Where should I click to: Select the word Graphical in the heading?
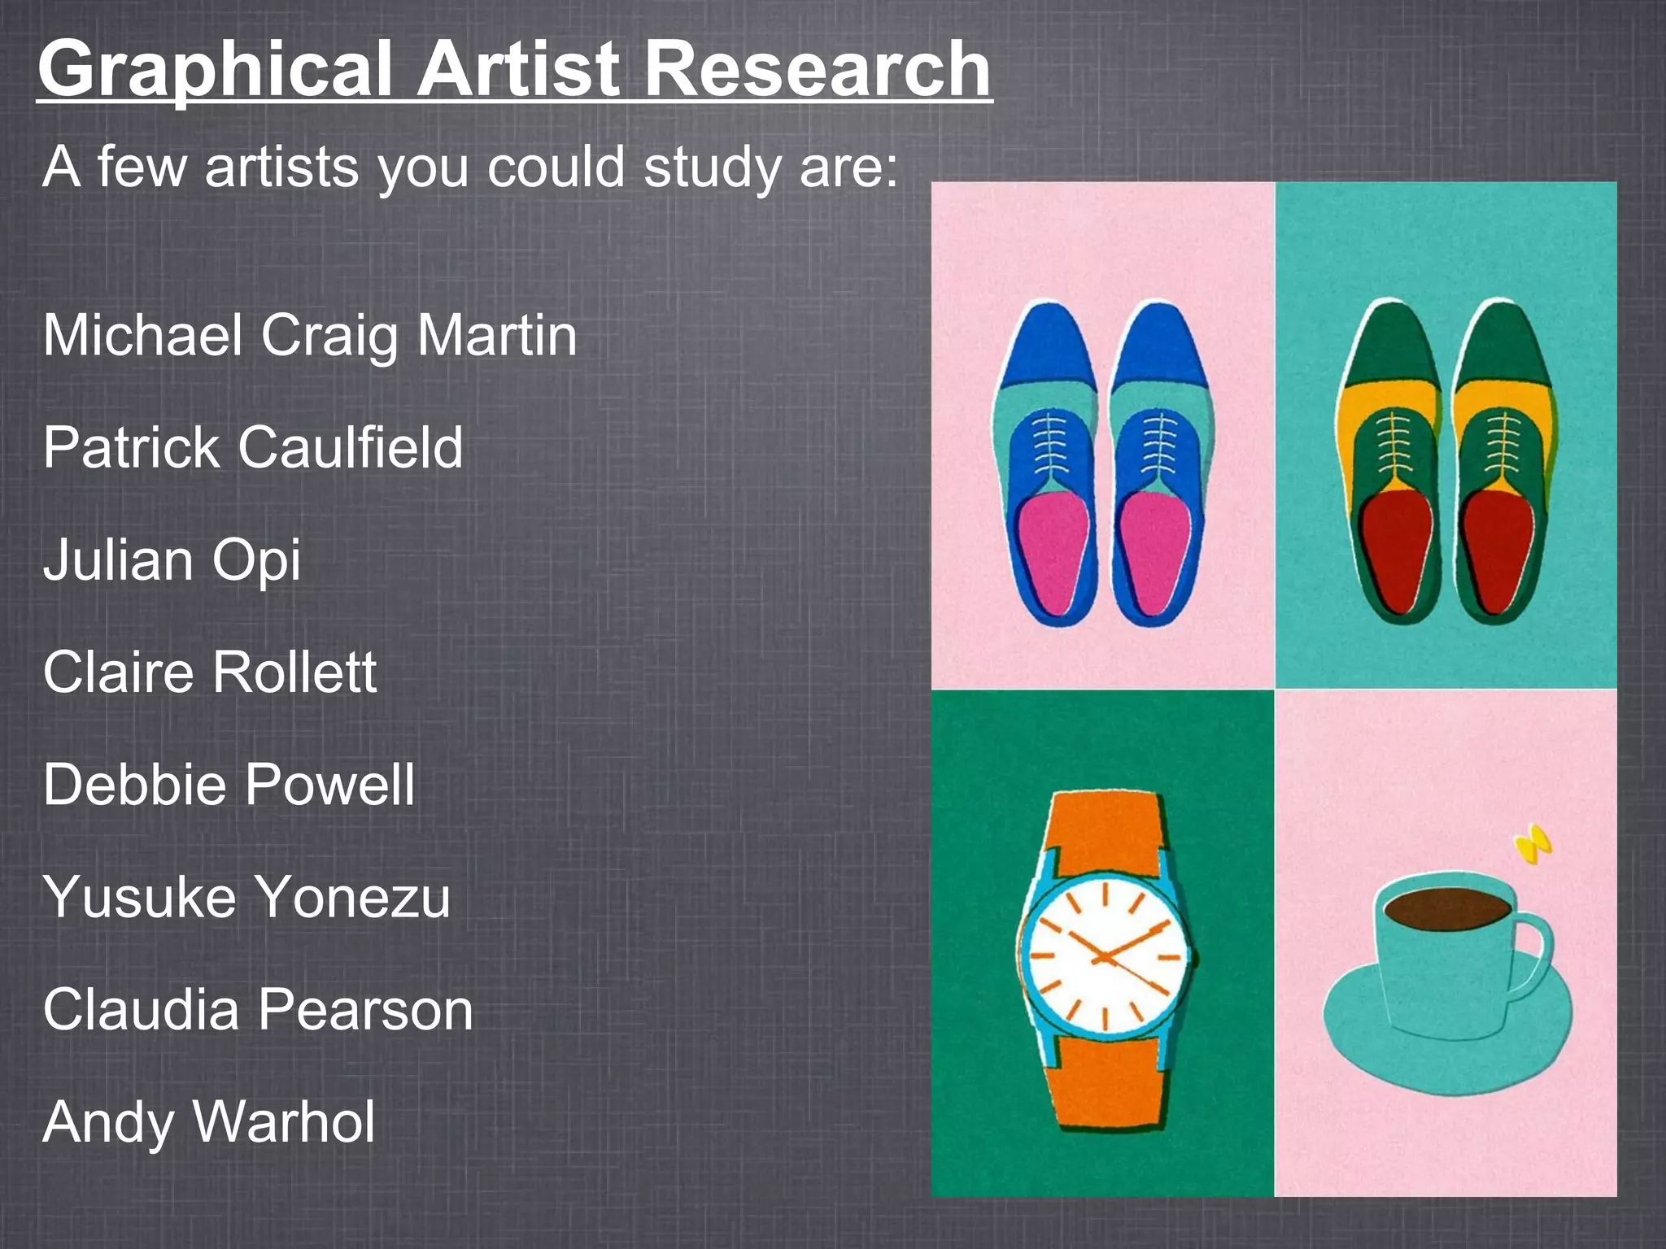click(216, 70)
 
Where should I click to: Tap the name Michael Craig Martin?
click(310, 335)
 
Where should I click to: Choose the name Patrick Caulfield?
click(253, 447)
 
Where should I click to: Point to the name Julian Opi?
click(172, 559)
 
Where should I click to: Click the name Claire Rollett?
click(210, 672)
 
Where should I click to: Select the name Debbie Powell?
click(229, 784)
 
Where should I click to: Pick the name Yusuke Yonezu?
click(246, 896)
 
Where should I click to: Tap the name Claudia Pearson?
click(258, 1009)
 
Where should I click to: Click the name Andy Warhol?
click(209, 1121)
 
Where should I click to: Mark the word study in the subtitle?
click(713, 168)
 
